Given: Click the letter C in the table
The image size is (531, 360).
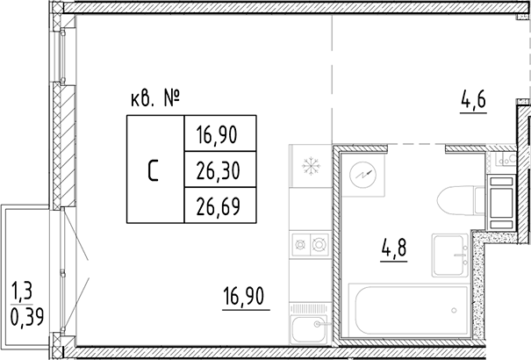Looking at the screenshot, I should pos(154,170).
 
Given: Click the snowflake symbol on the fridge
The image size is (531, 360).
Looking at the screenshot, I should pos(308,166).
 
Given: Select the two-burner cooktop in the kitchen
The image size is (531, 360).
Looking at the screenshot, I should pos(308,241).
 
